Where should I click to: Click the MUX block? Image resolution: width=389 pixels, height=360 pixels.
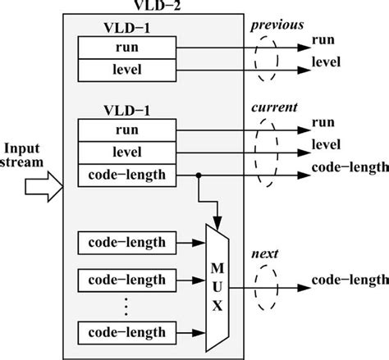[218, 287]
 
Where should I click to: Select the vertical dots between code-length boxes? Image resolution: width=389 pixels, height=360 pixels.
[126, 305]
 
